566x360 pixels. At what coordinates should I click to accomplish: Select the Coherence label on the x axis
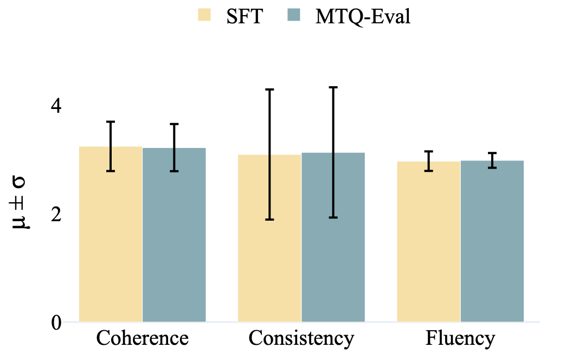(143, 339)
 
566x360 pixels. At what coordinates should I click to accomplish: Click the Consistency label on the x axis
(301, 339)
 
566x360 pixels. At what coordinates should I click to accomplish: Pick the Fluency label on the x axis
(460, 339)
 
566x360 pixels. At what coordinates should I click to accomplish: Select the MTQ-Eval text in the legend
(363, 16)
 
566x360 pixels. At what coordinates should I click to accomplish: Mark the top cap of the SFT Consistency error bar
(269, 89)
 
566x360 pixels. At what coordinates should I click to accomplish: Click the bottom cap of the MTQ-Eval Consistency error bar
(333, 217)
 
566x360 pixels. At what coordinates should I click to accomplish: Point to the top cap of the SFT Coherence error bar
(111, 122)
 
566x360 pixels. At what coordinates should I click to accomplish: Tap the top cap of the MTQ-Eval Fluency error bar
(492, 153)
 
